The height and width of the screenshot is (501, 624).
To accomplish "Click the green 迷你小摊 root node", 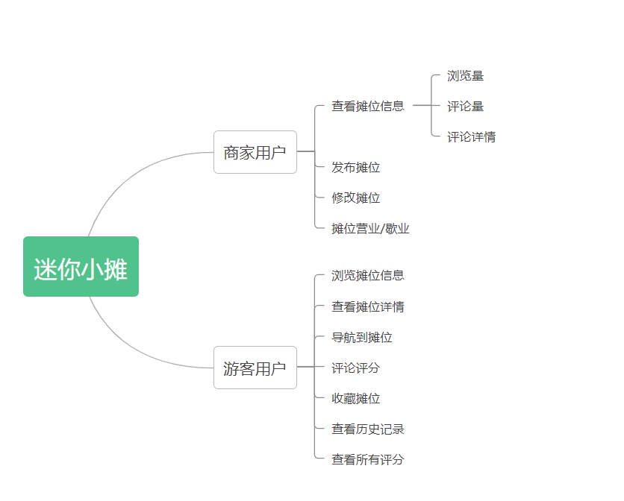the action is point(81,267).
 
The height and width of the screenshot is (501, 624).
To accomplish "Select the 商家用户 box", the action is point(255,152).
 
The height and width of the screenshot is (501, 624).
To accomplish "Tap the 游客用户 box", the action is point(255,368).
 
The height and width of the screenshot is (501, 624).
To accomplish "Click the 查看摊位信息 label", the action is point(368,106).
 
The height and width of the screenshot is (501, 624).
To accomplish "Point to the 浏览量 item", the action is point(465,75).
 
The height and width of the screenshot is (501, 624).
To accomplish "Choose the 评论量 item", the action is point(465,106).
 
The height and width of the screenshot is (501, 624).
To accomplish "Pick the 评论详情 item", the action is point(471,136).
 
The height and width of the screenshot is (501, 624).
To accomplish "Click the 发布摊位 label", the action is point(356,167).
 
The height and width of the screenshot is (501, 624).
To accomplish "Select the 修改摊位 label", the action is point(356,198).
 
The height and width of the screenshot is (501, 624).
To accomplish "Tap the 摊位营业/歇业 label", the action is point(370,228).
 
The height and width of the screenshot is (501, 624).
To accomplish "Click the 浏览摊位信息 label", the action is point(368,275).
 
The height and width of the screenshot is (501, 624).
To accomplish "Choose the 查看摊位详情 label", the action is point(368,306).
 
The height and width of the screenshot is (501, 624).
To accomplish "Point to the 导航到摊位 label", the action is point(362,337).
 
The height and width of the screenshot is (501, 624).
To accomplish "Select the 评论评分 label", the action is point(356,368).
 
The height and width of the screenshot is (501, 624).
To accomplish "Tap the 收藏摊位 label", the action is point(356,398).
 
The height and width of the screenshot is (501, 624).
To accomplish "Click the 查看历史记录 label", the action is point(368,429).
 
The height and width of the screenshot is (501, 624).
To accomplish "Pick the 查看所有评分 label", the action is point(368,459).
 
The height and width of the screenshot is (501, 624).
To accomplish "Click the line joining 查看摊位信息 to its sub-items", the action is point(422,106).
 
